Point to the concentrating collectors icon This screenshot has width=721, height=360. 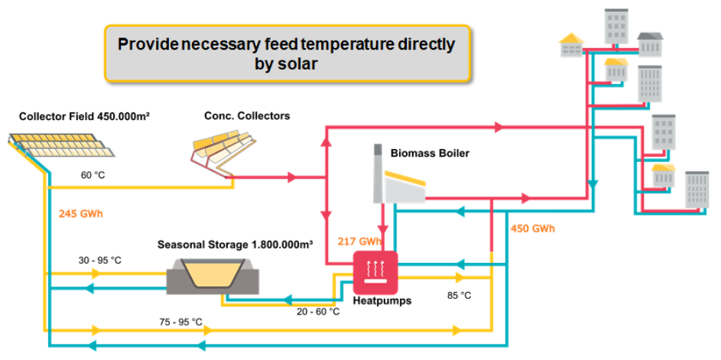pos(226,148)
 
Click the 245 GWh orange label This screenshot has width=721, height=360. pos(80,214)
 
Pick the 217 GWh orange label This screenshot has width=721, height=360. pos(359,242)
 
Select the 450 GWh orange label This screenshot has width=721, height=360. pos(532,229)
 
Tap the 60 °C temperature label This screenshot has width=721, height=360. pos(93,175)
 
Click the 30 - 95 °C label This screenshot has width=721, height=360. pos(99,260)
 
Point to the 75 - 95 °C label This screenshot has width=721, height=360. pos(180,322)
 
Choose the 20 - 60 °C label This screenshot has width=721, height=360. pos(318,312)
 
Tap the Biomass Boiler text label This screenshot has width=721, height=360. pos(430,153)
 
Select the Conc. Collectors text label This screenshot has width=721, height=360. pos(246,116)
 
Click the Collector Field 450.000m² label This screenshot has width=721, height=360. pos(84,116)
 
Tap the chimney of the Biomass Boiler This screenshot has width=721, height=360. pos(378,173)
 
